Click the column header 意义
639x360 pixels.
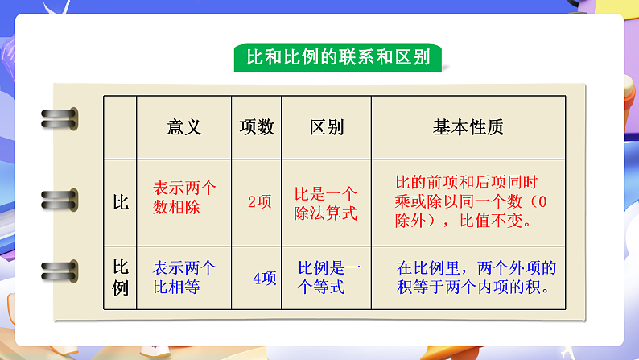(x=184, y=127)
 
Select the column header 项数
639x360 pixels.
(x=257, y=127)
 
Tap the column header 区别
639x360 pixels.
(x=326, y=127)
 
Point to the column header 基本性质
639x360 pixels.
(x=468, y=127)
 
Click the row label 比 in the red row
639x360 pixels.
(x=120, y=201)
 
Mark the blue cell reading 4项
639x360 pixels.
(x=264, y=279)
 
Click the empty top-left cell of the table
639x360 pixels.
(x=120, y=127)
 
